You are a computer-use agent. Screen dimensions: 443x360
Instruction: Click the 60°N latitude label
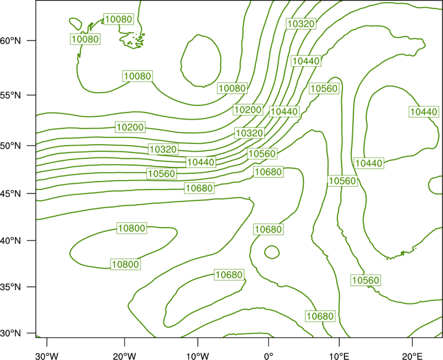tap(11, 41)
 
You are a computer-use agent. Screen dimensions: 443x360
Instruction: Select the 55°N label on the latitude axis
tap(11, 95)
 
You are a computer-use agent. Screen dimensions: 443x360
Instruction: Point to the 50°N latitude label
tap(11, 146)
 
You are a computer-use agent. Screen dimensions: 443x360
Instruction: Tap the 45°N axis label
tap(11, 193)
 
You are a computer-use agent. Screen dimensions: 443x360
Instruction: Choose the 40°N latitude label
tap(11, 241)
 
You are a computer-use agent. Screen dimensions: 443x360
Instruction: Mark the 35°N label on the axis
tap(11, 287)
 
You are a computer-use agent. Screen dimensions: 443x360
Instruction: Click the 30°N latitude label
tap(11, 333)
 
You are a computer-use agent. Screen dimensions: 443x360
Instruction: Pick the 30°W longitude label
tap(47, 356)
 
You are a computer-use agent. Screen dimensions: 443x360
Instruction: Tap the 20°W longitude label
tap(125, 356)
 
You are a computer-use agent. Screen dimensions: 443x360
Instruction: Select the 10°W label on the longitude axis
tap(198, 356)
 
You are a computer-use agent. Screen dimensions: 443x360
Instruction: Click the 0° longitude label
tap(269, 356)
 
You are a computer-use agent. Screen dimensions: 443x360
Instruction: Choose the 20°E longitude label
tap(412, 356)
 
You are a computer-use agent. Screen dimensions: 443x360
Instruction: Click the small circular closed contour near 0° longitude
tap(265, 252)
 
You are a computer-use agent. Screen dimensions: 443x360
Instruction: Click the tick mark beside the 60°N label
tap(32, 40)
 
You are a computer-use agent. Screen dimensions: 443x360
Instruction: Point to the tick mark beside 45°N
tap(32, 193)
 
